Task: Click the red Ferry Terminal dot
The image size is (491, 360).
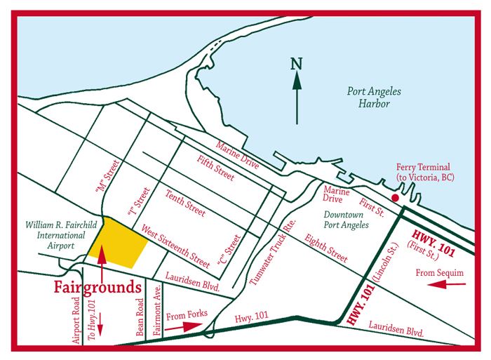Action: coord(396,199)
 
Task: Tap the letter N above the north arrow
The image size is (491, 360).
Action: coord(297,65)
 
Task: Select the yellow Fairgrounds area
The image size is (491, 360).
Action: coord(117,243)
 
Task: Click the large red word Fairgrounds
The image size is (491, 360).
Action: coord(97,288)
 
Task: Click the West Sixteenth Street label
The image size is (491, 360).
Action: coord(175,246)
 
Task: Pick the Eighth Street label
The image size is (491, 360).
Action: coord(327,248)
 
